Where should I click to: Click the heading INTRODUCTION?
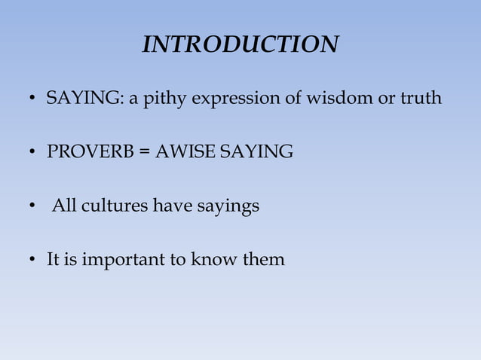click(240, 45)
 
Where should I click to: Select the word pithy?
click(154, 99)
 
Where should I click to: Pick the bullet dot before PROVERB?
click(32, 154)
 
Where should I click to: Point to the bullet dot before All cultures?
click(32, 207)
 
